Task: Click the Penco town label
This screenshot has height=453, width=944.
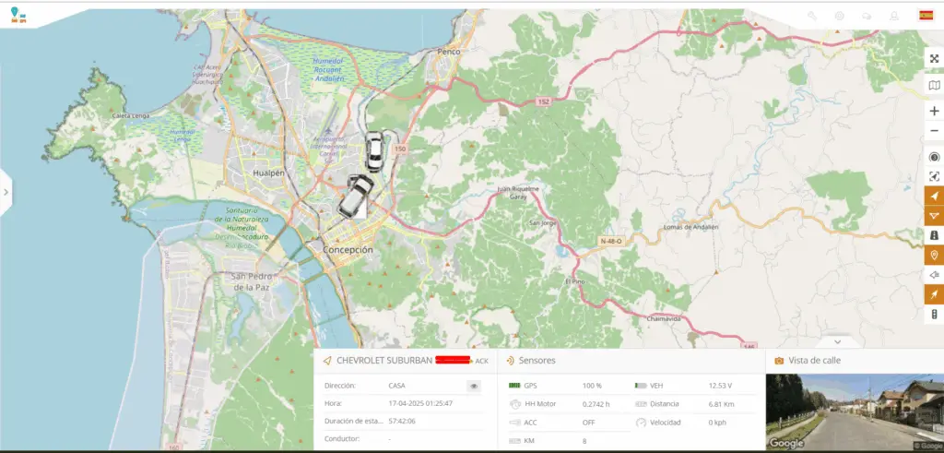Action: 449,52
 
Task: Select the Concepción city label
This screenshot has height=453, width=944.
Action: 348,250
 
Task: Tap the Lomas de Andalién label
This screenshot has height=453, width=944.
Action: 690,226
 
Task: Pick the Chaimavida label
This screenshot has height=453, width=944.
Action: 664,317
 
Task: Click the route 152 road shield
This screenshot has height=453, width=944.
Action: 544,101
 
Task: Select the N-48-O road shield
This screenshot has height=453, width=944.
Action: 610,241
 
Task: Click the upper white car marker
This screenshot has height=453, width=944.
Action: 374,152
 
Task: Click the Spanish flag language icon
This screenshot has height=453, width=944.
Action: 926,15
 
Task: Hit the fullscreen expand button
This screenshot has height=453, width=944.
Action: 934,59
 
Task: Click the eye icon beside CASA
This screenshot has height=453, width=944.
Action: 474,387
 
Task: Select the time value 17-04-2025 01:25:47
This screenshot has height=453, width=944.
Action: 421,403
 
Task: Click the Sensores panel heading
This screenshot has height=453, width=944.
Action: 537,360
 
